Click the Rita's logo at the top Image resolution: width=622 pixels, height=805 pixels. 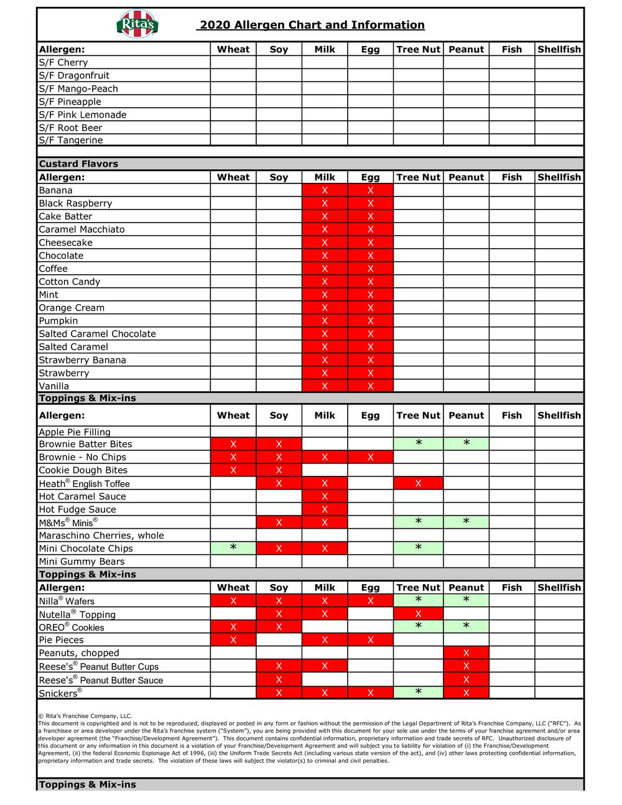click(x=137, y=25)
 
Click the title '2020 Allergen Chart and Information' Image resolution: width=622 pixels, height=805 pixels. click(x=310, y=26)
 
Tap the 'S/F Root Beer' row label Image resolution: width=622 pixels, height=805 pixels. click(x=70, y=128)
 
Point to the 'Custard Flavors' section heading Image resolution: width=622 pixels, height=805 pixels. click(x=78, y=164)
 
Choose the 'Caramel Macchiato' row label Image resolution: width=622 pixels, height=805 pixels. click(x=81, y=230)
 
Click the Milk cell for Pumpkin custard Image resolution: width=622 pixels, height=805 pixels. click(x=325, y=321)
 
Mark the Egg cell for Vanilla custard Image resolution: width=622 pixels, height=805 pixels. click(x=370, y=386)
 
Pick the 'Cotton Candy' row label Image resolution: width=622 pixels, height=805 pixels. click(x=69, y=282)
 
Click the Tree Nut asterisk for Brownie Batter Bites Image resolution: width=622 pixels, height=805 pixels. click(x=418, y=444)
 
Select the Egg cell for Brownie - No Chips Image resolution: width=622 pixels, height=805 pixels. click(x=370, y=457)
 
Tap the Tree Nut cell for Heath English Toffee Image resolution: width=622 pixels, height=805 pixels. click(x=418, y=483)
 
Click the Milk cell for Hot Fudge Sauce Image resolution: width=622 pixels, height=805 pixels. click(x=325, y=510)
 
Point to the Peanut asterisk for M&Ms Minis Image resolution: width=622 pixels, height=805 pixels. click(x=466, y=522)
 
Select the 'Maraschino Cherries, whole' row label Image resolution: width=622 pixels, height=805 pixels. click(x=101, y=536)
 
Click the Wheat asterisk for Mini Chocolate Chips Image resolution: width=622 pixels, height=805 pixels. click(x=233, y=548)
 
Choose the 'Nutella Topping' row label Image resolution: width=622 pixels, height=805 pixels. click(x=77, y=615)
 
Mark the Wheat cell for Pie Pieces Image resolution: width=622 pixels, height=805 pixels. click(x=233, y=640)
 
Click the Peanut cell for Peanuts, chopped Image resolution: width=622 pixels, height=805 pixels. click(x=466, y=653)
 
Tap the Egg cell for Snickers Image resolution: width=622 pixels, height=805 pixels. click(x=370, y=693)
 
